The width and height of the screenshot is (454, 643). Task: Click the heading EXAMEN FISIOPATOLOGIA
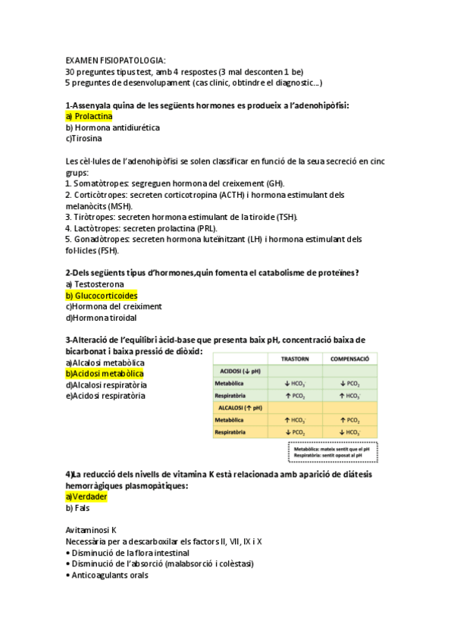click(115, 60)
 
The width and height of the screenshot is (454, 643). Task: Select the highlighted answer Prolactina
click(89, 117)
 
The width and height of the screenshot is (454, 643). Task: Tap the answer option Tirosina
click(84, 139)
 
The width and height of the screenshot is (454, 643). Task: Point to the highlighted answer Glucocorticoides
click(102, 296)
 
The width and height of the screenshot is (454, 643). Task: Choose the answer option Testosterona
click(95, 284)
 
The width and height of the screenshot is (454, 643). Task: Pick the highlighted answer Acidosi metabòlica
click(105, 374)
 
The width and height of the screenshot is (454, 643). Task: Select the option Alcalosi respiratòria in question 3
click(106, 384)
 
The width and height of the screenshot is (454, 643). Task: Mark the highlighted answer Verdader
click(86, 497)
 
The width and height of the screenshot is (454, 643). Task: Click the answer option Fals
click(78, 508)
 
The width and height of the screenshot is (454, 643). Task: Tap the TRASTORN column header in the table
click(295, 359)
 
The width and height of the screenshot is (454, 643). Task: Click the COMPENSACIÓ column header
click(349, 359)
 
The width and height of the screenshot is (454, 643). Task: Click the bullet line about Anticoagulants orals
click(107, 575)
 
